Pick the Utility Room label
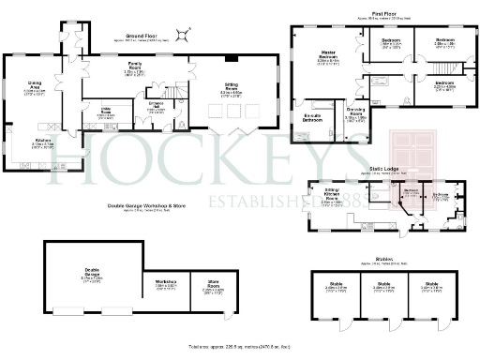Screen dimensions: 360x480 119,111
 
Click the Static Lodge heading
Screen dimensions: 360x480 384,169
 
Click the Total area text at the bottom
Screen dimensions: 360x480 240,348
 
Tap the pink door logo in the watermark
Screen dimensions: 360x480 411,155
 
